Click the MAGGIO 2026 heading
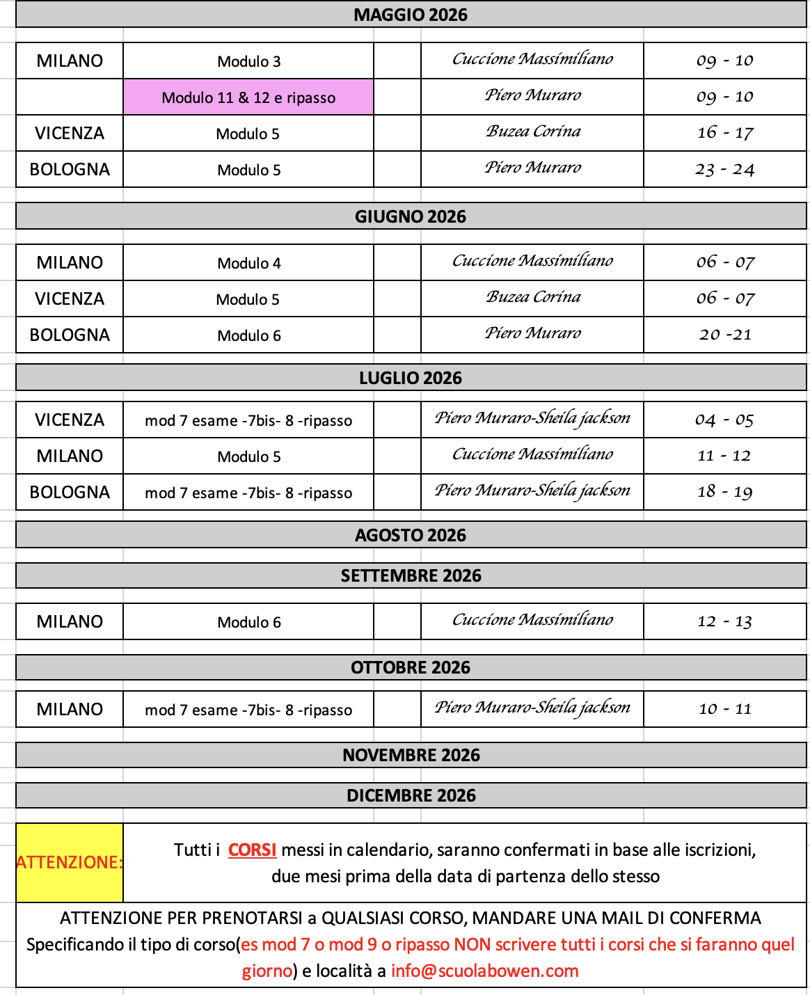click(411, 15)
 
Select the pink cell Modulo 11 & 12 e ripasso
click(248, 97)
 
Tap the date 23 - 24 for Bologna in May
click(724, 169)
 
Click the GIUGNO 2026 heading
click(411, 216)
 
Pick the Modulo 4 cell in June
click(248, 263)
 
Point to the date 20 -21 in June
click(725, 335)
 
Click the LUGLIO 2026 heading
click(411, 378)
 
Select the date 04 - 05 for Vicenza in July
click(724, 420)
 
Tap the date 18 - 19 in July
click(724, 492)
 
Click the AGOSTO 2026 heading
click(411, 535)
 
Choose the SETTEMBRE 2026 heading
click(411, 575)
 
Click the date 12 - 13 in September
click(724, 621)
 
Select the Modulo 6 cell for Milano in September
click(248, 622)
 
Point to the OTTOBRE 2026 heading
click(411, 667)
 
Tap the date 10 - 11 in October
click(724, 709)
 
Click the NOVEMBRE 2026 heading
click(411, 755)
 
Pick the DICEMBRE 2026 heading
click(411, 795)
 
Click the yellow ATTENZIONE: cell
click(70, 863)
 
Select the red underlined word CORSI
click(252, 850)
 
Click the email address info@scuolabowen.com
click(484, 971)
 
